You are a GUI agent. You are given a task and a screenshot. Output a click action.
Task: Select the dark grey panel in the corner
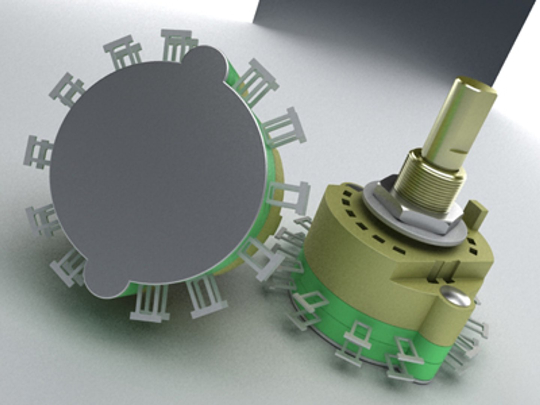pos(394,34)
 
